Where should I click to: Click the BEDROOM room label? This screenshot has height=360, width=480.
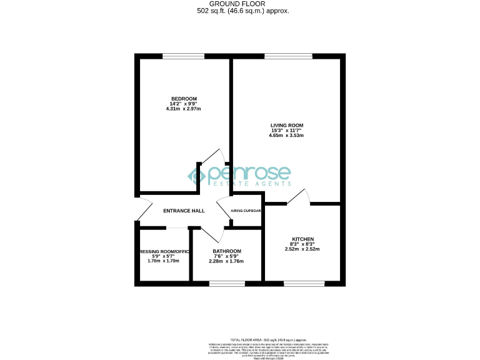click(184, 99)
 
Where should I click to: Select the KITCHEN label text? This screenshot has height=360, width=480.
click(302, 239)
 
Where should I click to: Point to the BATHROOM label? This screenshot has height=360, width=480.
click(209, 251)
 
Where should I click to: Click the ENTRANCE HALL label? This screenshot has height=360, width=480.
click(184, 211)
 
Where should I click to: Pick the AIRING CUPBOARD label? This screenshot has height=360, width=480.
click(246, 211)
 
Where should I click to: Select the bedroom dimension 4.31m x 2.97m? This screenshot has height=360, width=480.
click(184, 109)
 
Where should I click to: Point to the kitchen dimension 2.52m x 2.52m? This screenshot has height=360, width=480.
click(302, 249)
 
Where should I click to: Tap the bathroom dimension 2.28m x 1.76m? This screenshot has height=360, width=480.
click(209, 261)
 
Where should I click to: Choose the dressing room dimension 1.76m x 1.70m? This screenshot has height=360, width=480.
click(163, 261)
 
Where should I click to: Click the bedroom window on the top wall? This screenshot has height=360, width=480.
click(184, 57)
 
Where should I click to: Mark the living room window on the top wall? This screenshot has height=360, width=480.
click(288, 57)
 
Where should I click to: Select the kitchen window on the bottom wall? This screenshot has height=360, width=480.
click(304, 284)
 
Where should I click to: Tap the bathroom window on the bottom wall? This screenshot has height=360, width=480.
click(227, 284)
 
